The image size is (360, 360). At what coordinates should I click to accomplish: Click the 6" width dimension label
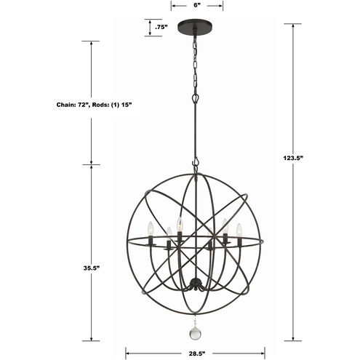[x=197, y=5]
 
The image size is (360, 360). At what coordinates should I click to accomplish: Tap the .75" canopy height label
[x=161, y=28]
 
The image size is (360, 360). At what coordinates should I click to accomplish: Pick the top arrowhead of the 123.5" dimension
[x=294, y=25]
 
